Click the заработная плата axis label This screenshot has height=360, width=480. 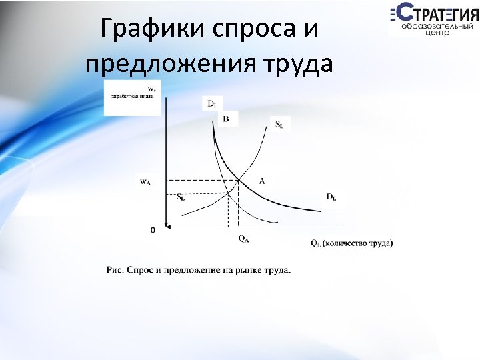tap(132, 97)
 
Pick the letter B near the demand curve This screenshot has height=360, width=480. tap(225, 119)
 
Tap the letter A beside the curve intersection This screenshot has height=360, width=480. tap(262, 181)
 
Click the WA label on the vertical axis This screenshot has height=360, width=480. tap(145, 181)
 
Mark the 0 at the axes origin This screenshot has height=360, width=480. tap(152, 231)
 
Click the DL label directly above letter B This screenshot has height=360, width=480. tap(211, 103)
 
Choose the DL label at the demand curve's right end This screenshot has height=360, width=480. tap(331, 197)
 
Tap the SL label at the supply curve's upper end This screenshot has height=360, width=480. tap(279, 124)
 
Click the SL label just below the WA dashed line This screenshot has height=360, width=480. tap(181, 197)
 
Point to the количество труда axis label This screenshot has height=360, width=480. tap(360, 243)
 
